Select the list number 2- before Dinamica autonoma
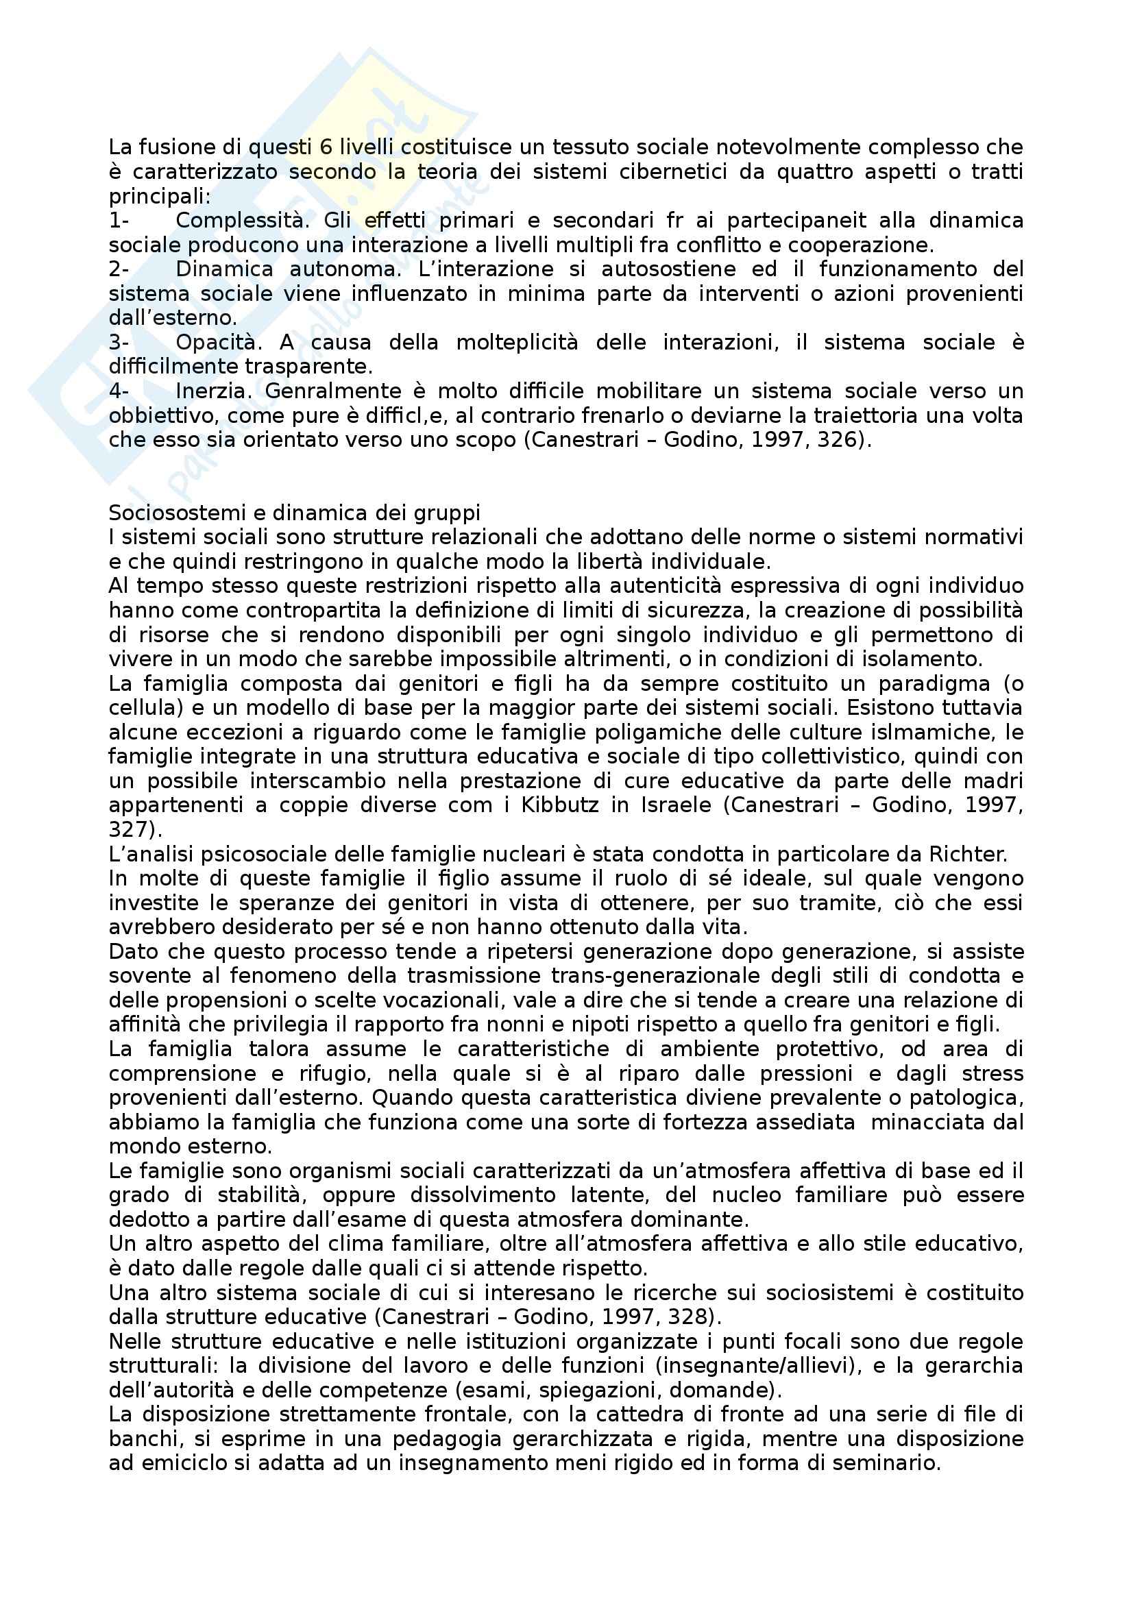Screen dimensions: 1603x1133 pyautogui.click(x=119, y=269)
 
